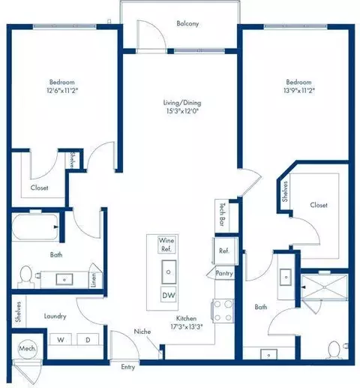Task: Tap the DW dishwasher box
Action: [x=169, y=295]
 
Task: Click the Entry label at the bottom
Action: [x=129, y=366]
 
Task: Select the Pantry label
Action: [x=224, y=274]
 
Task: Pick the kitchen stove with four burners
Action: [x=224, y=308]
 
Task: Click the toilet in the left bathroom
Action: [x=26, y=276]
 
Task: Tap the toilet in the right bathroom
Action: [x=334, y=350]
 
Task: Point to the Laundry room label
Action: [x=56, y=317]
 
